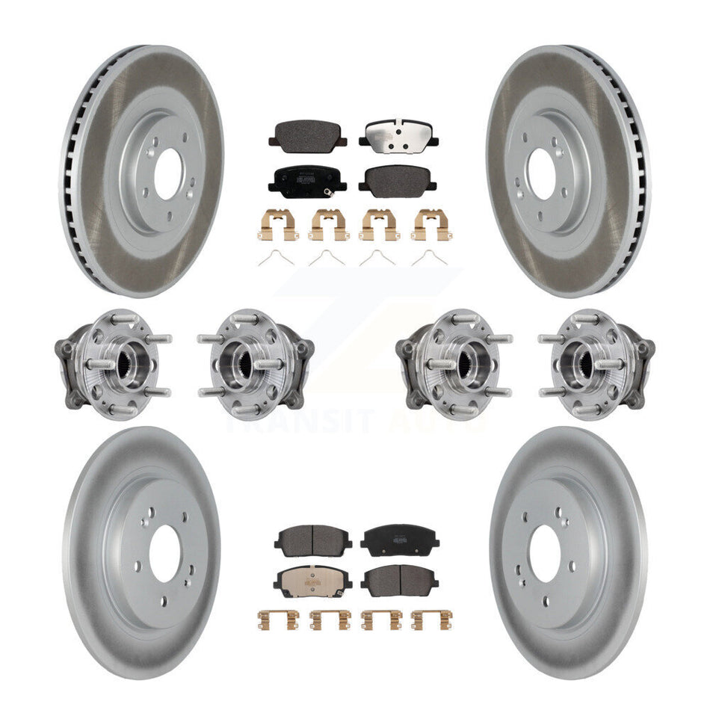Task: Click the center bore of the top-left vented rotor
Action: click(168, 173)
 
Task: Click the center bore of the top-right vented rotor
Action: click(541, 173)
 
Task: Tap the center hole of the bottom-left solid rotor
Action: click(164, 554)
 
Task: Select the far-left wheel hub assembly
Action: click(112, 365)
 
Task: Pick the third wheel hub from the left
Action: click(454, 365)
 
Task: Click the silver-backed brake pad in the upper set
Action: click(398, 135)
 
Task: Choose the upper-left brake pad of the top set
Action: click(307, 135)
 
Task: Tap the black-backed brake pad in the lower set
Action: click(399, 538)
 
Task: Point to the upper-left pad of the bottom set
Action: click(308, 538)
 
